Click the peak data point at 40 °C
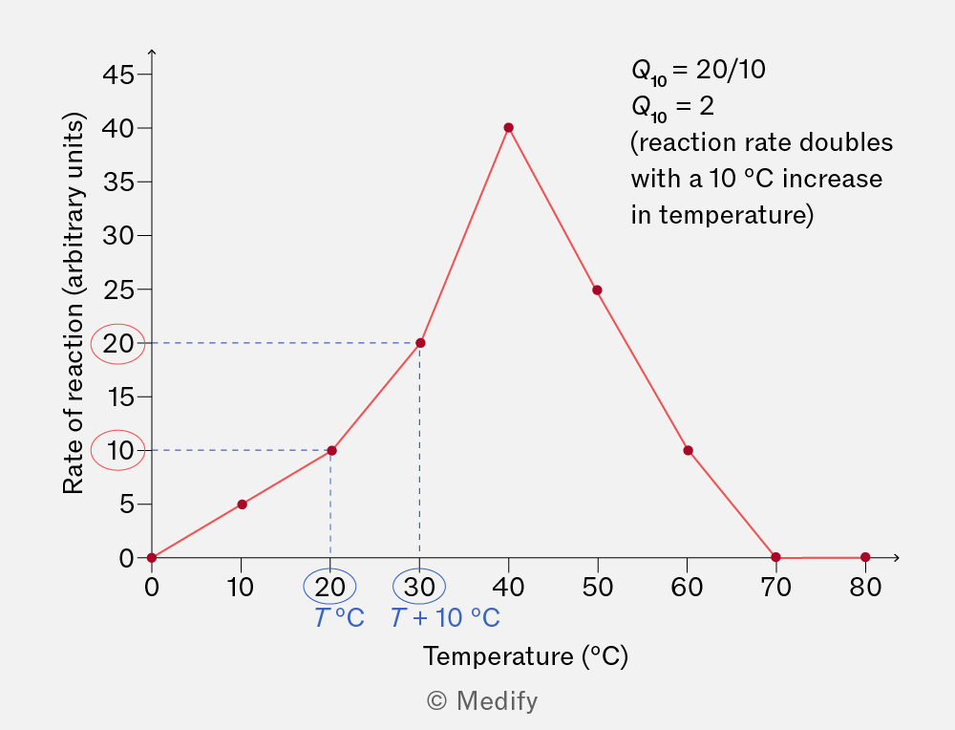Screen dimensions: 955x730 pyautogui.click(x=509, y=127)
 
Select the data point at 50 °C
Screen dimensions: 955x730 pyautogui.click(x=598, y=290)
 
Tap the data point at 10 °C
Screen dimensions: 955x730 pyautogui.click(x=242, y=504)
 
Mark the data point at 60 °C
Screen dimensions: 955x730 pyautogui.click(x=688, y=450)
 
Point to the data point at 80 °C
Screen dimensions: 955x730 pyautogui.click(x=865, y=557)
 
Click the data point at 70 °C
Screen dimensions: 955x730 pyautogui.click(x=775, y=557)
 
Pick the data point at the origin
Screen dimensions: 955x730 pyautogui.click(x=152, y=558)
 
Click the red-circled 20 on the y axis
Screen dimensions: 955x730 pyautogui.click(x=118, y=344)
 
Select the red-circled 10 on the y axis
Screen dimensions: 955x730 pyautogui.click(x=118, y=451)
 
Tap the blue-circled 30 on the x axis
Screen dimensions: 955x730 pyautogui.click(x=419, y=586)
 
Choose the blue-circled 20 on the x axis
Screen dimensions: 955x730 pyautogui.click(x=330, y=586)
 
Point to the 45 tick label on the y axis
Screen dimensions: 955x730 pyautogui.click(x=118, y=75)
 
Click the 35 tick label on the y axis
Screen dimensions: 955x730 pyautogui.click(x=118, y=182)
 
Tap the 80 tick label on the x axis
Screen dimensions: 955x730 pyautogui.click(x=865, y=587)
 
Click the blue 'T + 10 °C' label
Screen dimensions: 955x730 pyautogui.click(x=445, y=618)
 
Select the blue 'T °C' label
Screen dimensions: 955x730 pyautogui.click(x=339, y=618)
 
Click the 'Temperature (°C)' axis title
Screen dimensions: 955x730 pyautogui.click(x=525, y=656)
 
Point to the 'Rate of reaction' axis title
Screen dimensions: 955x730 pyautogui.click(x=74, y=303)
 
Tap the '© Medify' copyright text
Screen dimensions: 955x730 pyautogui.click(x=482, y=700)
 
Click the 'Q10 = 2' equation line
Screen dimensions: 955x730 pyautogui.click(x=672, y=107)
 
